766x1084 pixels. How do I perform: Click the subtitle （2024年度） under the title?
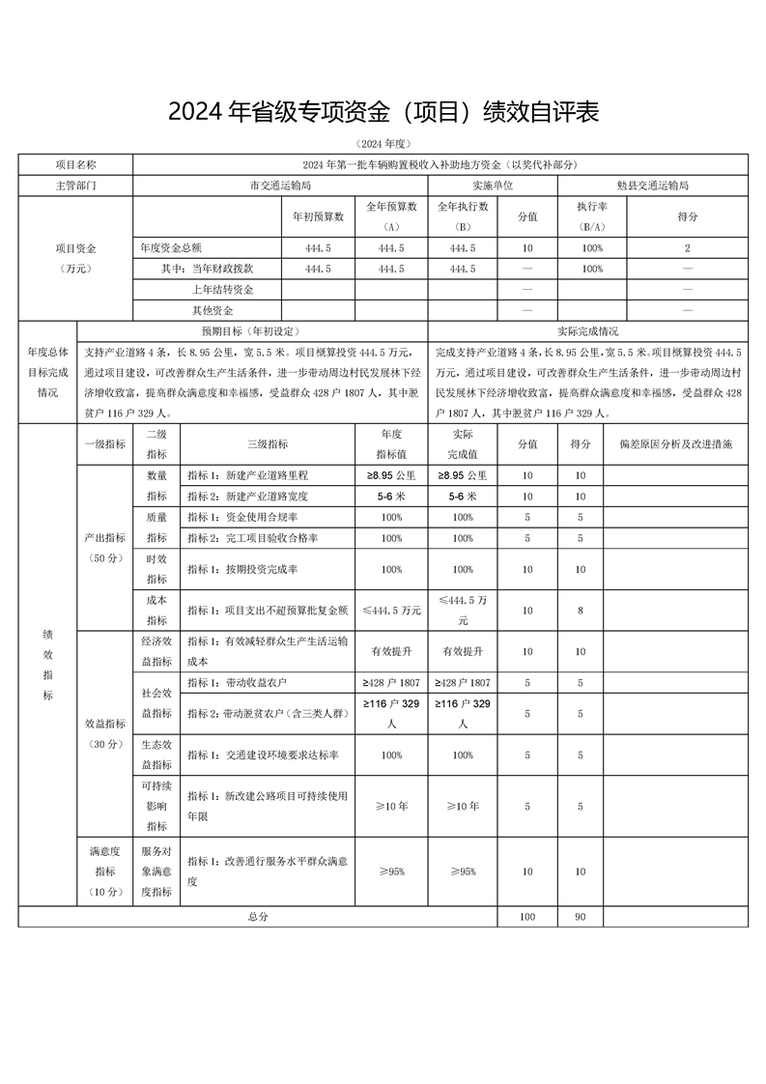tap(383, 143)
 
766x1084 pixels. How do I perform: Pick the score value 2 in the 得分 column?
tap(688, 247)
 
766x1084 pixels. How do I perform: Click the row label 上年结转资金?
tap(222, 289)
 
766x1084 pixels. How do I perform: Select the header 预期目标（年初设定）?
tap(255, 330)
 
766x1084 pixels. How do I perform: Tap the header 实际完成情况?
tap(589, 330)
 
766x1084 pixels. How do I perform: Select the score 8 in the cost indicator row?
tap(580, 610)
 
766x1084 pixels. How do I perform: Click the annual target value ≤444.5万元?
tap(391, 610)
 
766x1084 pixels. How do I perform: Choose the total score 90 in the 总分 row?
tap(580, 916)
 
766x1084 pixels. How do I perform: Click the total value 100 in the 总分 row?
tap(526, 916)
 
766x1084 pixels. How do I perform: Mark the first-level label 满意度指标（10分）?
tap(104, 870)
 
